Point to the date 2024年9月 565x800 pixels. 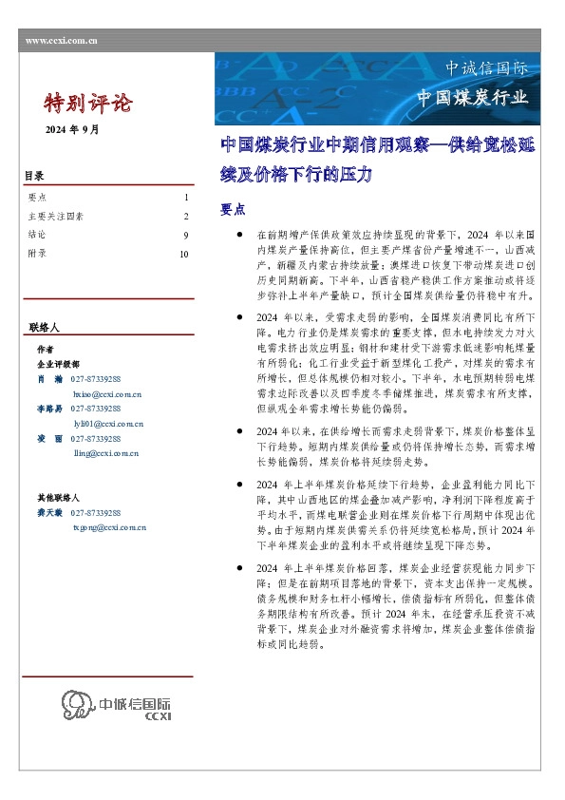coord(72,128)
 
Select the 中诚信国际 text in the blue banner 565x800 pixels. coord(486,68)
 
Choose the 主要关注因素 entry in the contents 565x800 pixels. coord(56,217)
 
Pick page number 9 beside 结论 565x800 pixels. coord(186,235)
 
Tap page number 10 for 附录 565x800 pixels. coord(184,254)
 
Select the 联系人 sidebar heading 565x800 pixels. coord(45,327)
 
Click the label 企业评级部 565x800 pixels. coord(59,364)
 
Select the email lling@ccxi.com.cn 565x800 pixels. coord(105,453)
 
